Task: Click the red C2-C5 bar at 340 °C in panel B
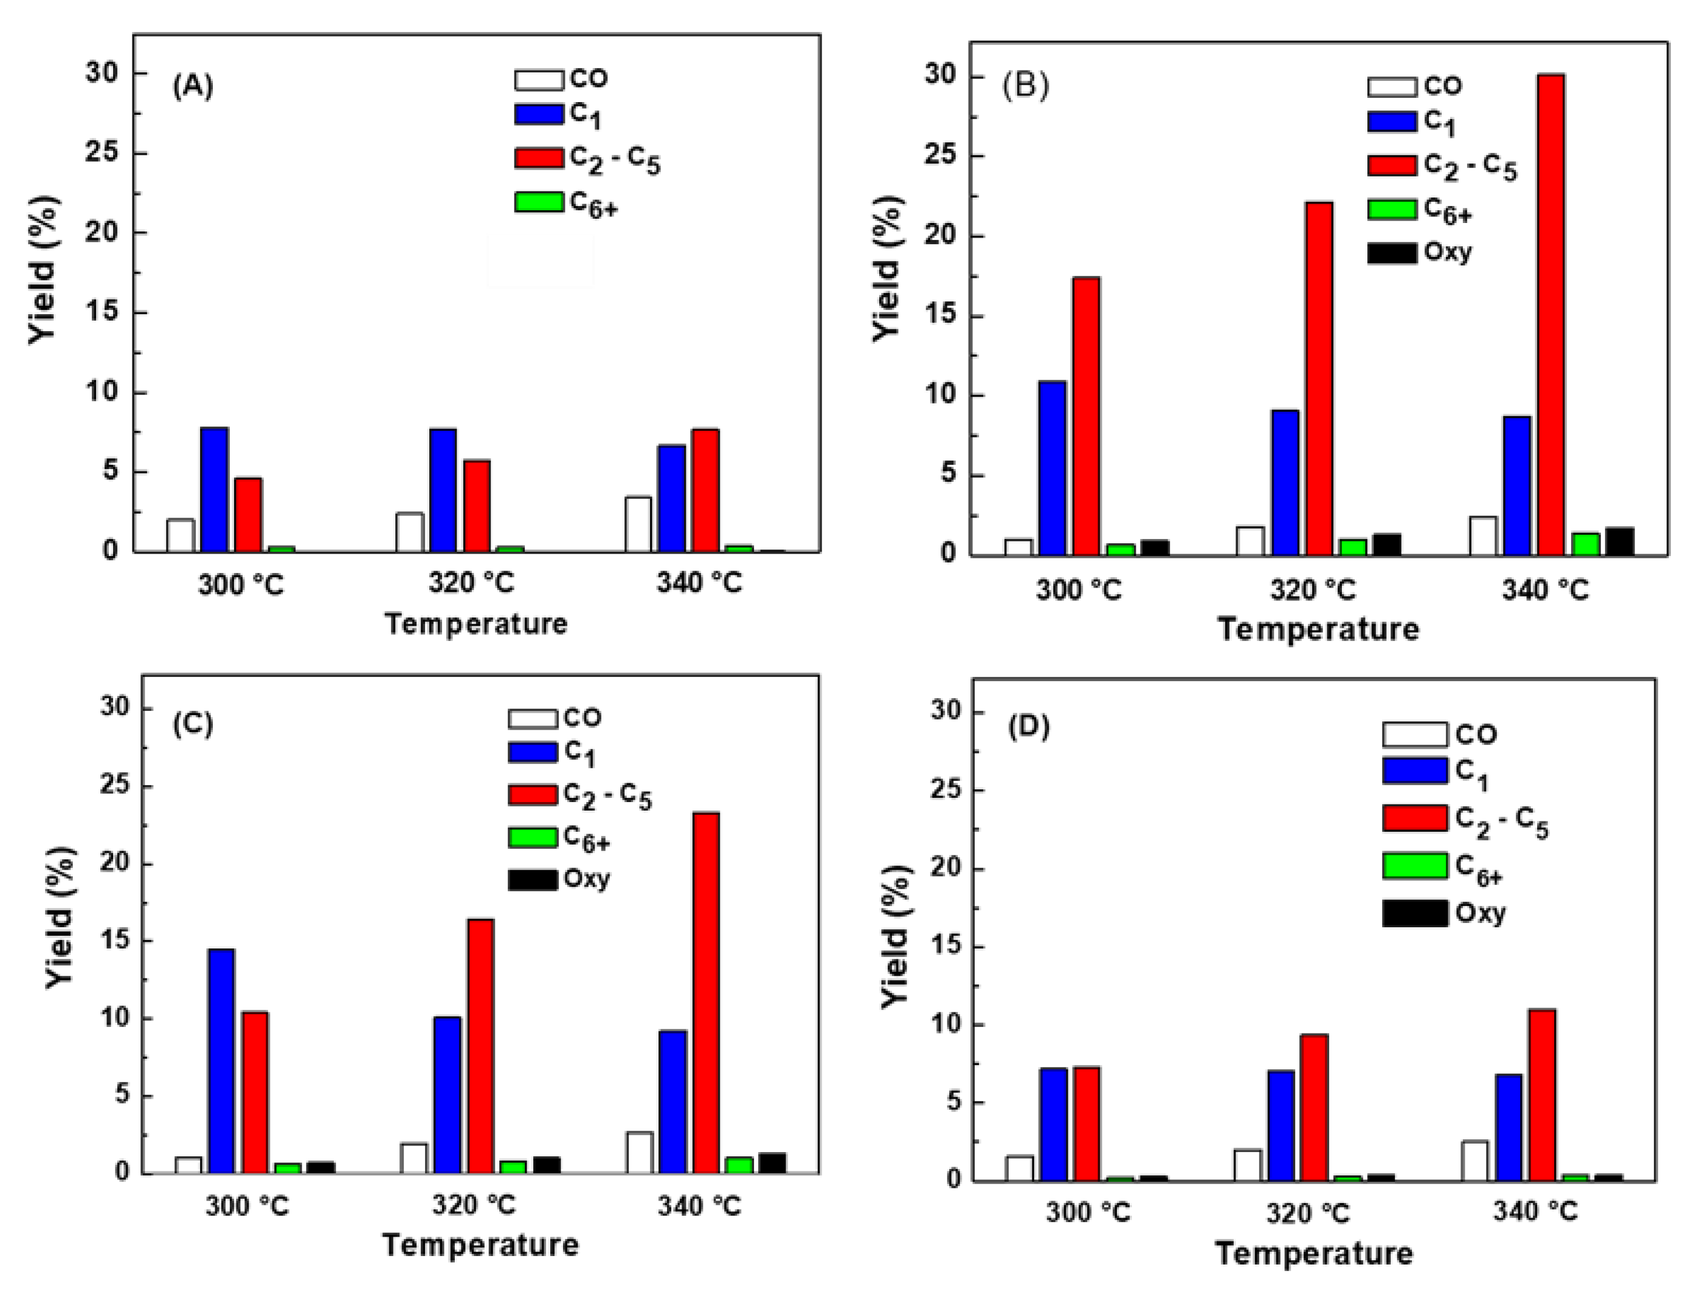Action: click(x=1549, y=315)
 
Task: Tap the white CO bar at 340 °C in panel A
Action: click(x=638, y=524)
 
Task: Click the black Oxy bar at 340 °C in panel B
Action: click(x=1619, y=541)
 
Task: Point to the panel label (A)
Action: click(x=192, y=86)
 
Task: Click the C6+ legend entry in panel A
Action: click(x=567, y=203)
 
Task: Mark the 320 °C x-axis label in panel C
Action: click(x=473, y=1205)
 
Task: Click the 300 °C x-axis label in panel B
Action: click(x=1078, y=591)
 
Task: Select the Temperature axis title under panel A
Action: click(x=475, y=623)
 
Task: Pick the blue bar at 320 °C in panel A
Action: click(x=443, y=490)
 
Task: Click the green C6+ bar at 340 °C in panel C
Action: click(x=739, y=1165)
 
